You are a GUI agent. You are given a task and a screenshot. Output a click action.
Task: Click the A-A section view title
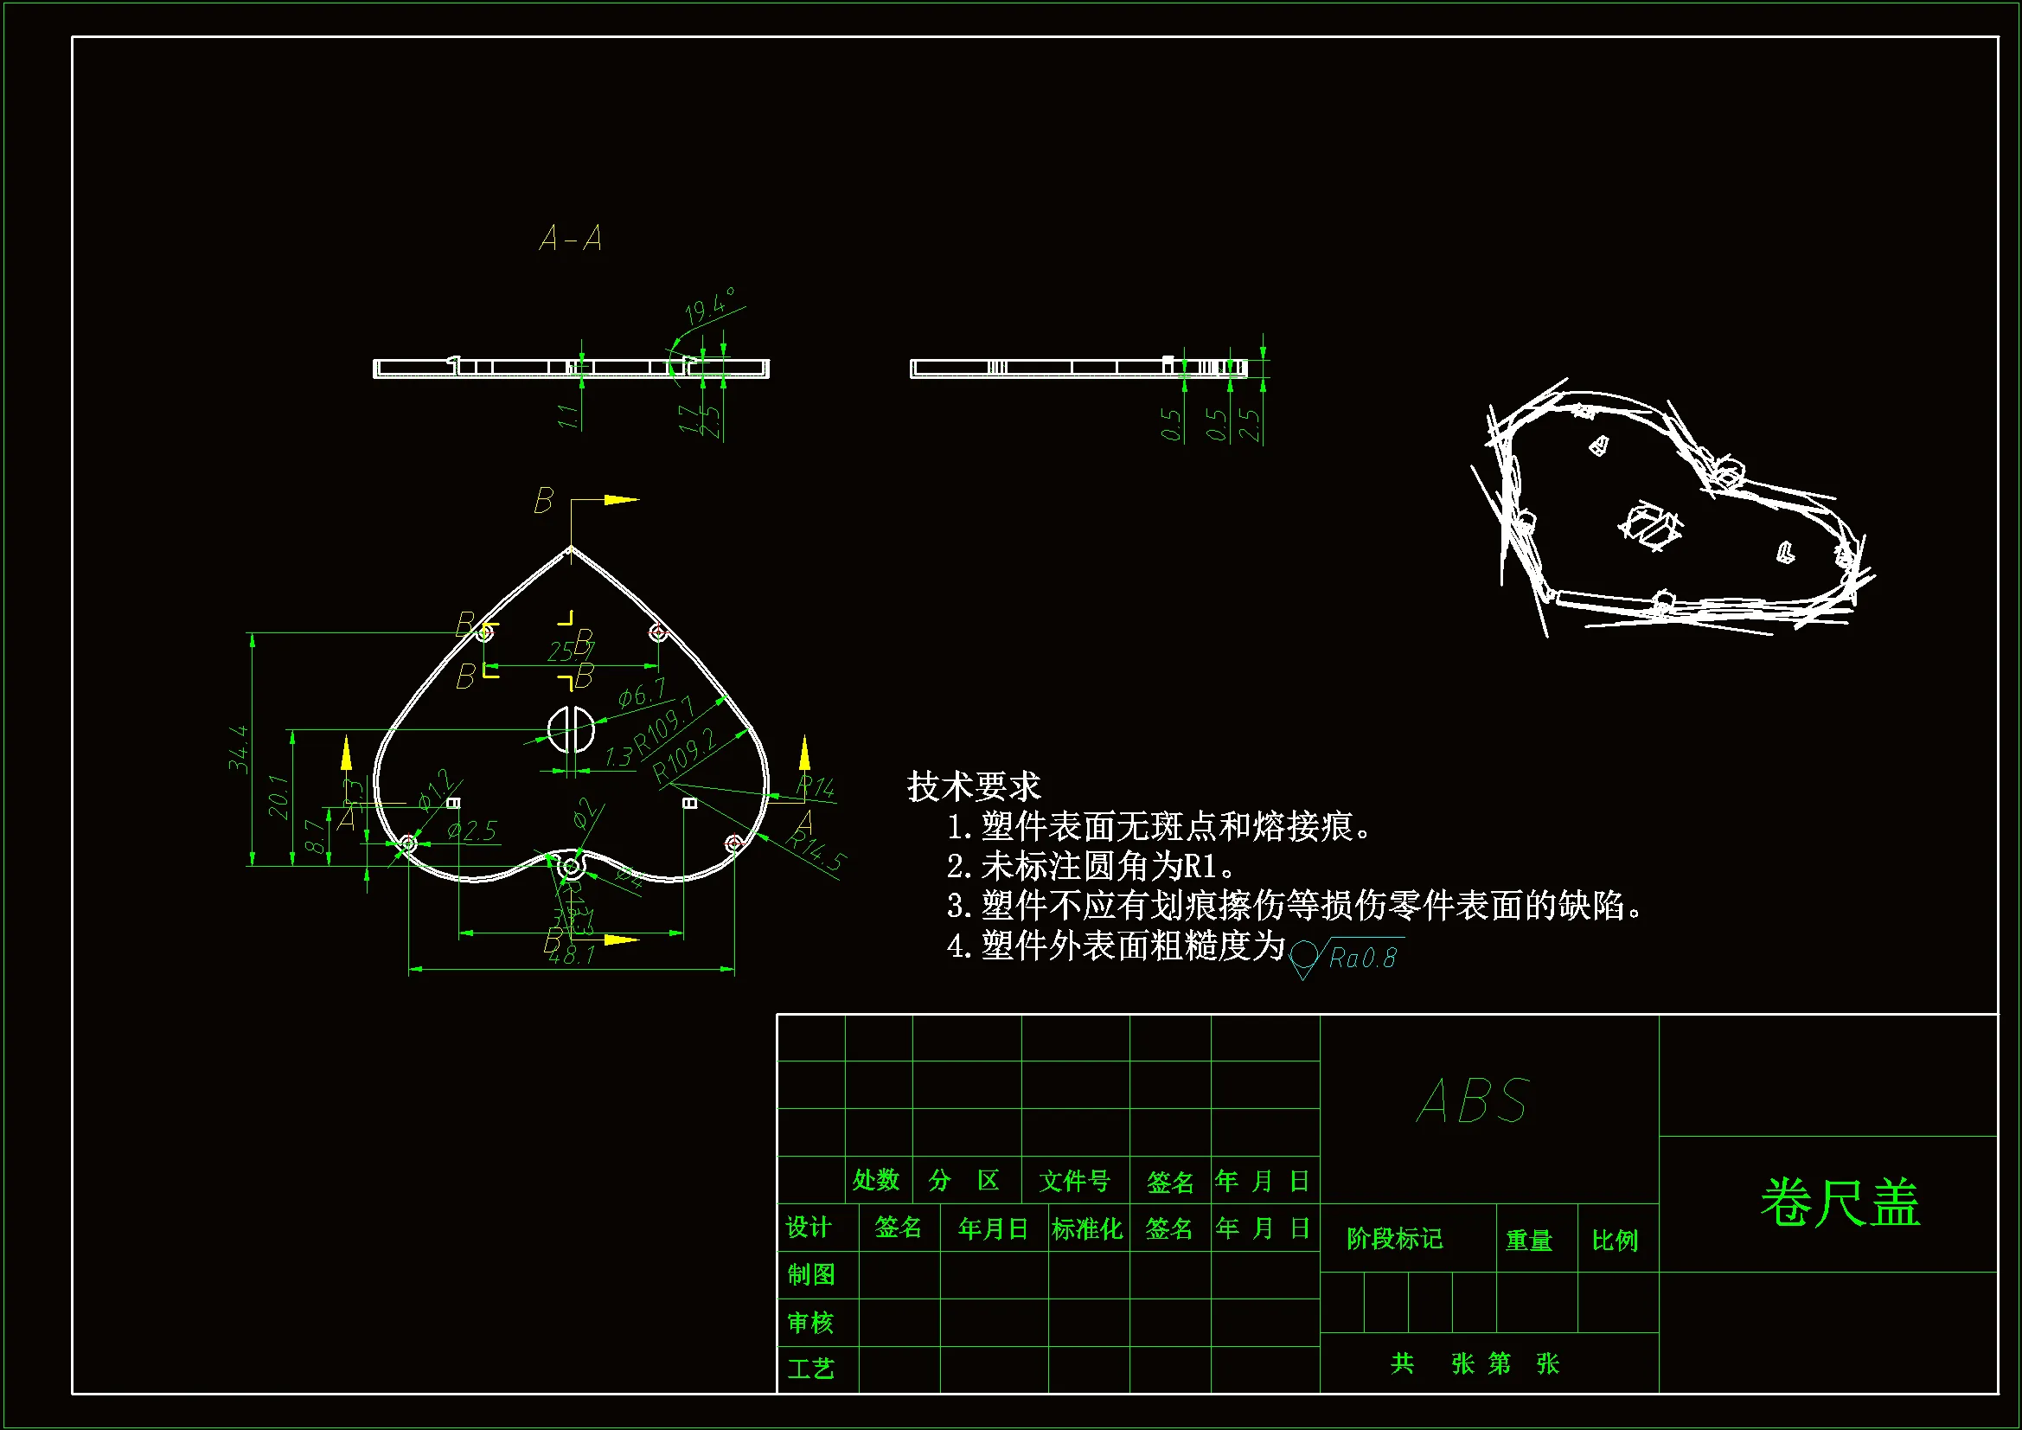click(x=571, y=239)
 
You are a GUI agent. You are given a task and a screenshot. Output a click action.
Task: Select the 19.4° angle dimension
click(x=709, y=306)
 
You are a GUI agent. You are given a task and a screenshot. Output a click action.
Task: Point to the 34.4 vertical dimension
click(x=239, y=749)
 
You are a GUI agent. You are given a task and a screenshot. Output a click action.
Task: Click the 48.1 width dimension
click(x=572, y=955)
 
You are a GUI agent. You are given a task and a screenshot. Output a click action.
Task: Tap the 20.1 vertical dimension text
click(x=278, y=797)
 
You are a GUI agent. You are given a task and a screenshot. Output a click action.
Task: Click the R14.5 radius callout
click(x=816, y=850)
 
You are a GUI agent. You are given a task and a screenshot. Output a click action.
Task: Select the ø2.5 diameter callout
click(x=472, y=830)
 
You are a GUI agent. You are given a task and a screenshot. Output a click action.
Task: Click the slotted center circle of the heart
click(x=571, y=728)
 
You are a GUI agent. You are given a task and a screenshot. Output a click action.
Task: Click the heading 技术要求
click(x=974, y=786)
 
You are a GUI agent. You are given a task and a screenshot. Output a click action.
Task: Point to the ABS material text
click(x=1474, y=1101)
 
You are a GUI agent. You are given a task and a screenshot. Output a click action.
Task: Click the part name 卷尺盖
click(x=1840, y=1202)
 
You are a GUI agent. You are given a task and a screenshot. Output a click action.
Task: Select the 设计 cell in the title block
click(x=809, y=1228)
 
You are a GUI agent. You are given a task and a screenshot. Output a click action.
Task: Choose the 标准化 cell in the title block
click(x=1087, y=1229)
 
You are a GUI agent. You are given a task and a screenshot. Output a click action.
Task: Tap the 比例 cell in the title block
click(x=1616, y=1241)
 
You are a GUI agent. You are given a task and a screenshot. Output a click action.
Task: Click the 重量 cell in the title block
click(x=1529, y=1241)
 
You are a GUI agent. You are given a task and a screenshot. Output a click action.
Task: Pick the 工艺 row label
click(x=810, y=1369)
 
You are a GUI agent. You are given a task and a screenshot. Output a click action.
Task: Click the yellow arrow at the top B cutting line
click(x=622, y=500)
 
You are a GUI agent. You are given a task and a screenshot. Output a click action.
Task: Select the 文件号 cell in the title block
click(x=1074, y=1181)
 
